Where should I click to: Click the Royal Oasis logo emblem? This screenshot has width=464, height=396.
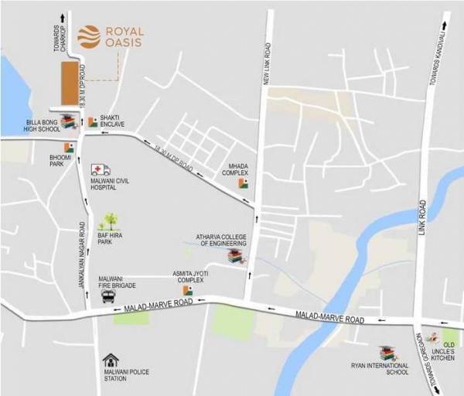[88, 36]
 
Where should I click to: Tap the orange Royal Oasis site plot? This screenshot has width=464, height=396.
[70, 84]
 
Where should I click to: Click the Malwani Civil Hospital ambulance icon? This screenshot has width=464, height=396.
[101, 169]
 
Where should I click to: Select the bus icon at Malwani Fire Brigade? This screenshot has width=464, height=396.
[107, 295]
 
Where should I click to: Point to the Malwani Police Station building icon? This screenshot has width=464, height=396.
[111, 361]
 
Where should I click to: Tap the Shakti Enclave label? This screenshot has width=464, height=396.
[113, 121]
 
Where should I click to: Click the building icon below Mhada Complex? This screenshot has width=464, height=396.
[243, 183]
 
